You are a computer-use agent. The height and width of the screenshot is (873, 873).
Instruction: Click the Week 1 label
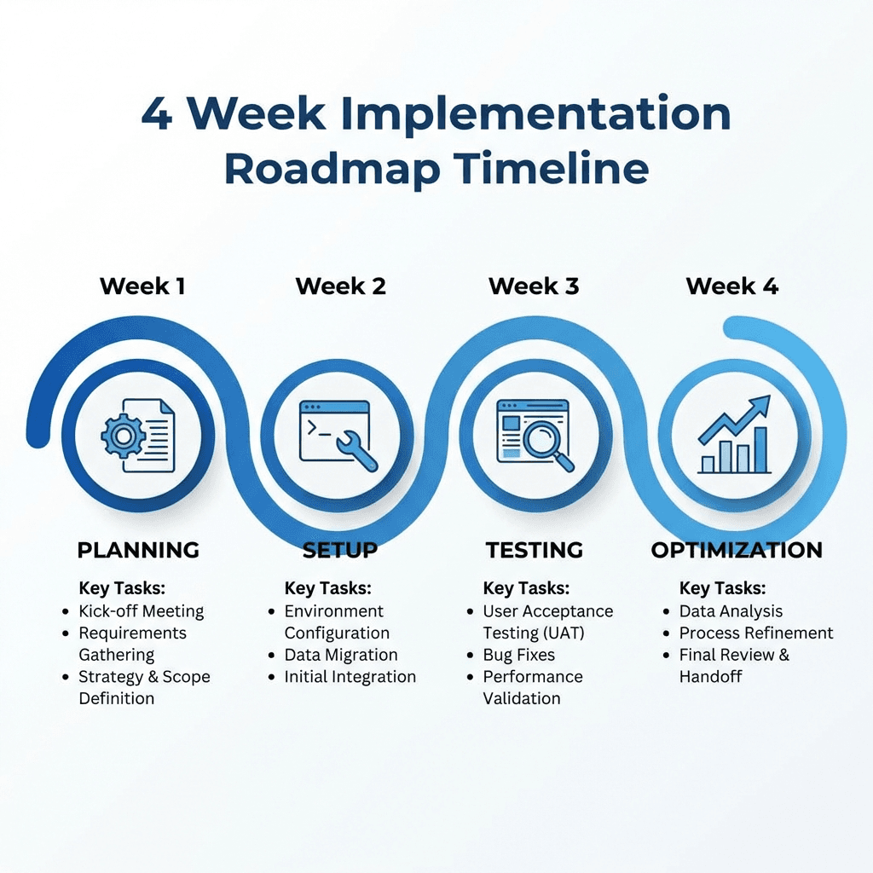tap(142, 286)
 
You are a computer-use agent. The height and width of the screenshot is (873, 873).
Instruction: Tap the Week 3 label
tap(534, 286)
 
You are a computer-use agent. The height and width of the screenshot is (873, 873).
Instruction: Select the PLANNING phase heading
tap(138, 550)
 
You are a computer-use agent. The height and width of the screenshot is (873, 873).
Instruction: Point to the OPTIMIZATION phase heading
tap(737, 550)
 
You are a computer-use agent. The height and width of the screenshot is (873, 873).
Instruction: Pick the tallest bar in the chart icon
tap(760, 450)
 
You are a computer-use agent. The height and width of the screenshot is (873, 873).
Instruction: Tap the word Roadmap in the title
tap(332, 170)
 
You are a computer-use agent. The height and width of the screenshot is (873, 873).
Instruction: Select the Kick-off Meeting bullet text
tap(142, 611)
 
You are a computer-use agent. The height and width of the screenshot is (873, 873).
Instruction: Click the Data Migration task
tap(341, 655)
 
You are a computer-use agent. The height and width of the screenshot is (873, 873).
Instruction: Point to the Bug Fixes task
tap(519, 655)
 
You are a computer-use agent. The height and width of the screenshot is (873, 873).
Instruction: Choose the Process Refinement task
tap(756, 633)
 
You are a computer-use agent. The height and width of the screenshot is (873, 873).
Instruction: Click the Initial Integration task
tap(350, 676)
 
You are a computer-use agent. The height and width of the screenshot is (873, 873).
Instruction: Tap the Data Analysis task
tap(731, 611)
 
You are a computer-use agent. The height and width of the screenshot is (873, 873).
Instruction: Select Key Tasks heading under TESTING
tap(526, 588)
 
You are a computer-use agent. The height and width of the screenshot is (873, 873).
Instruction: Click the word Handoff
tap(710, 676)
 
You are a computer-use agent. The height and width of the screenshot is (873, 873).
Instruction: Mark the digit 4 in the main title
tap(157, 114)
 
